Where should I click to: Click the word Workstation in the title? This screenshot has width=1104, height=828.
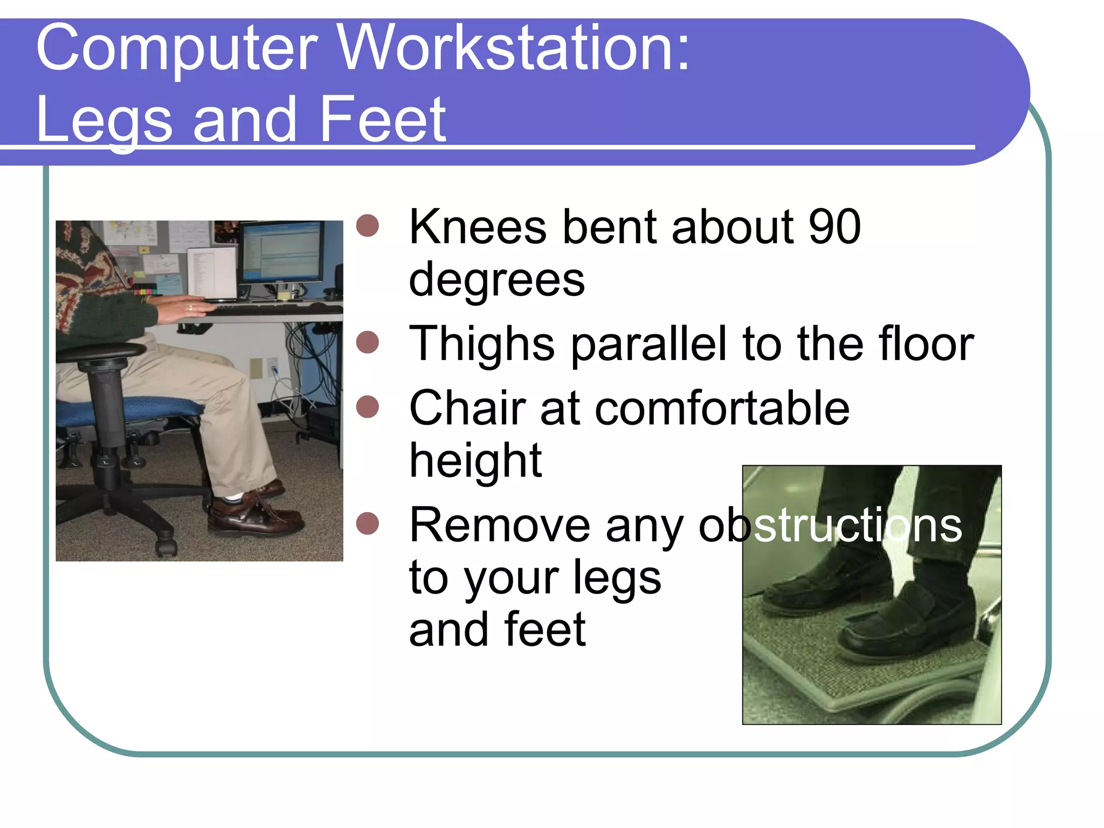click(515, 49)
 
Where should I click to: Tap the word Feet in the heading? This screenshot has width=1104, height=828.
click(382, 120)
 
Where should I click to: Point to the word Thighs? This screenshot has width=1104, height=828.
click(482, 344)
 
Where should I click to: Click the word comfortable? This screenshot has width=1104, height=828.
click(722, 409)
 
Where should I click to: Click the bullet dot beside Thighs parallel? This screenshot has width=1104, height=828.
click(368, 342)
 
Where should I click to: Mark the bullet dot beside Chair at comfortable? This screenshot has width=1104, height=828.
click(368, 406)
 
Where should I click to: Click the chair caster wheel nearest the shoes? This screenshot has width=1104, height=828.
click(167, 547)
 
